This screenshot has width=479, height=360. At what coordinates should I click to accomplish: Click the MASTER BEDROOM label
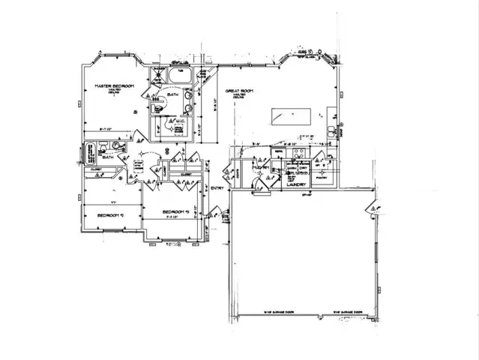coord(113,87)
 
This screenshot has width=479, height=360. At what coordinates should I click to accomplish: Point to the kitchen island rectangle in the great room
coord(289,117)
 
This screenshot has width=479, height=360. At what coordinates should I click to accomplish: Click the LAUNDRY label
coord(299,184)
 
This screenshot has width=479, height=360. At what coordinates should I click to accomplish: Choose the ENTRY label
coord(217,188)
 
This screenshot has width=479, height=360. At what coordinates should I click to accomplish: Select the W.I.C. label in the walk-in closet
coord(178,121)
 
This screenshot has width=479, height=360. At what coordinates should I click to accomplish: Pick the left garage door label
coord(277,312)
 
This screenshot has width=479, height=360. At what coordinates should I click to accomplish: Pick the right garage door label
coord(346,312)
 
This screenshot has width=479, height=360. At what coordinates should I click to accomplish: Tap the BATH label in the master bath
coord(173,94)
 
